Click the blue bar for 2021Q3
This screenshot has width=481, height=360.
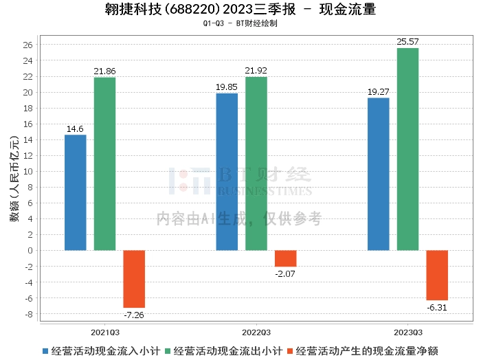click(76, 192)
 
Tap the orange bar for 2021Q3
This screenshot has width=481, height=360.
click(134, 279)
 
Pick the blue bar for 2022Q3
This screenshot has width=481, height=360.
click(227, 172)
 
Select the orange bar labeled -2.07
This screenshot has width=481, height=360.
click(286, 258)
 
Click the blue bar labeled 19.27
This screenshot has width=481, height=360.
click(379, 174)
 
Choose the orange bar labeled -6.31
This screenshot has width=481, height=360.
click(437, 275)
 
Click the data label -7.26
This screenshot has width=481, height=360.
click(134, 315)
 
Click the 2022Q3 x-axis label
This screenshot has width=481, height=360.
click(256, 330)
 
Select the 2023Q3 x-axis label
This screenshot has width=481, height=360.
click(407, 330)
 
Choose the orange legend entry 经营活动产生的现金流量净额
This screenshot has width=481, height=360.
click(368, 350)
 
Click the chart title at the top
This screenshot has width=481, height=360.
click(240, 10)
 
